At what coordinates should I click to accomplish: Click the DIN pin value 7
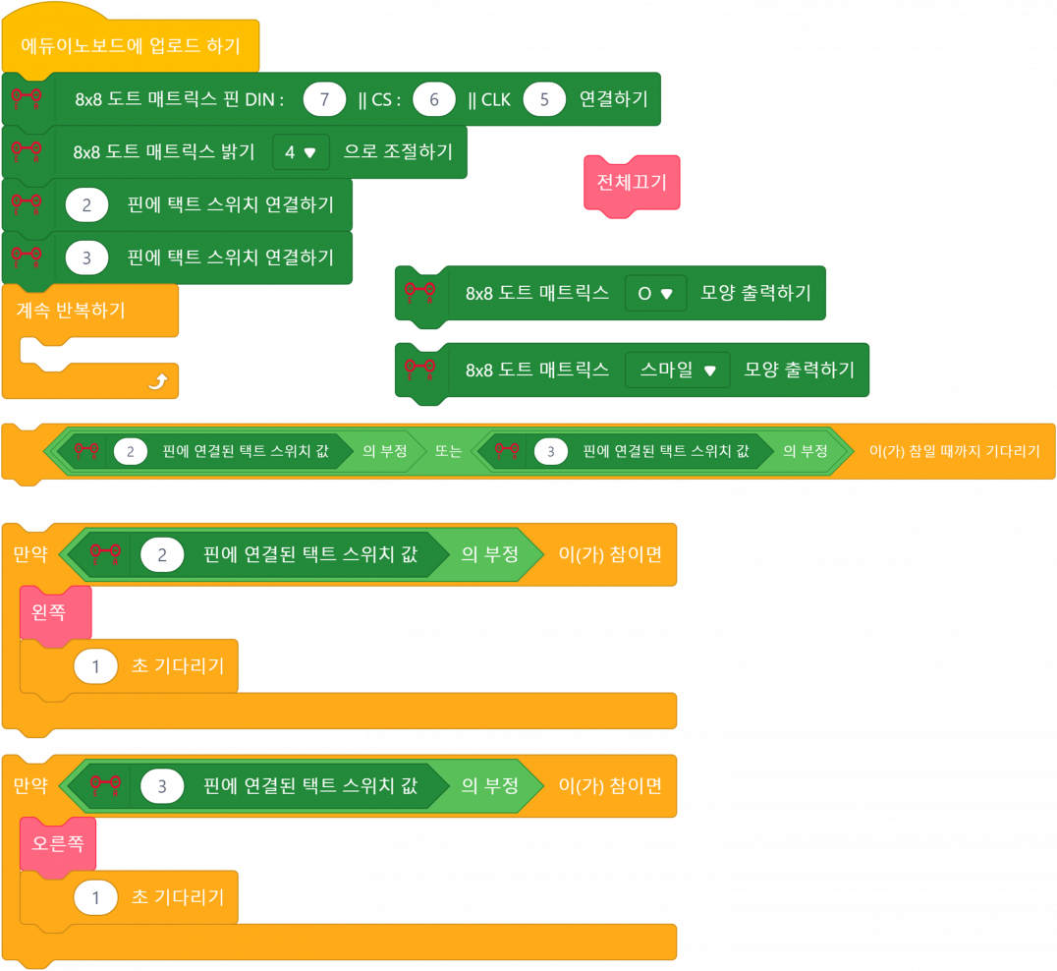pyautogui.click(x=324, y=99)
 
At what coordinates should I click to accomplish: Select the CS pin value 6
pyautogui.click(x=433, y=99)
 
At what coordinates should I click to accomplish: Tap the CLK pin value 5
pyautogui.click(x=544, y=99)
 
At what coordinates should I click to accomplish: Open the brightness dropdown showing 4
pyautogui.click(x=301, y=152)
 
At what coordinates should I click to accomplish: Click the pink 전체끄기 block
pyautogui.click(x=633, y=183)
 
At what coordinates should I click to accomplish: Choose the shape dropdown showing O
pyautogui.click(x=655, y=293)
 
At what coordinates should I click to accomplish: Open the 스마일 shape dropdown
pyautogui.click(x=678, y=370)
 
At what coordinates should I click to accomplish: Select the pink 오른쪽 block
pyautogui.click(x=58, y=844)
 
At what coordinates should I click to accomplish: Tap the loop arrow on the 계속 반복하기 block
pyautogui.click(x=157, y=382)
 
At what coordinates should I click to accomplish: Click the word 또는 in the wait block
pyautogui.click(x=449, y=451)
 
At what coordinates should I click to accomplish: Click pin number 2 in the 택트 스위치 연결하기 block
pyautogui.click(x=86, y=204)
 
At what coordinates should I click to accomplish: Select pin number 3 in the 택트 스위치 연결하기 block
pyautogui.click(x=86, y=257)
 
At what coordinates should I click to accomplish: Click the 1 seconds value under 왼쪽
pyautogui.click(x=96, y=666)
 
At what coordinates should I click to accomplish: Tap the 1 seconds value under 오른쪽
pyautogui.click(x=96, y=897)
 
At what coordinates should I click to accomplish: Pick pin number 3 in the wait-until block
pyautogui.click(x=551, y=451)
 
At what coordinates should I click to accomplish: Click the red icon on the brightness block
pyautogui.click(x=26, y=151)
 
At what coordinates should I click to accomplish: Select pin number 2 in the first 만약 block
pyautogui.click(x=162, y=554)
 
